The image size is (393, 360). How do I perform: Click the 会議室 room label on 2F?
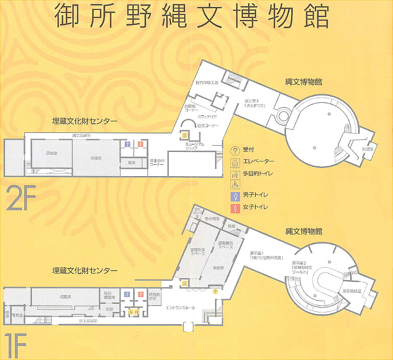point(96,158)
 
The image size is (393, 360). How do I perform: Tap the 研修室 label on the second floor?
point(52,153)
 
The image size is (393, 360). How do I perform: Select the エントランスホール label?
point(180,307)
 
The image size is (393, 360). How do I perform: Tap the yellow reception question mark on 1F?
point(215,292)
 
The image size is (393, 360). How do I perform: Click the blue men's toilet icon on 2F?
point(128,144)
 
